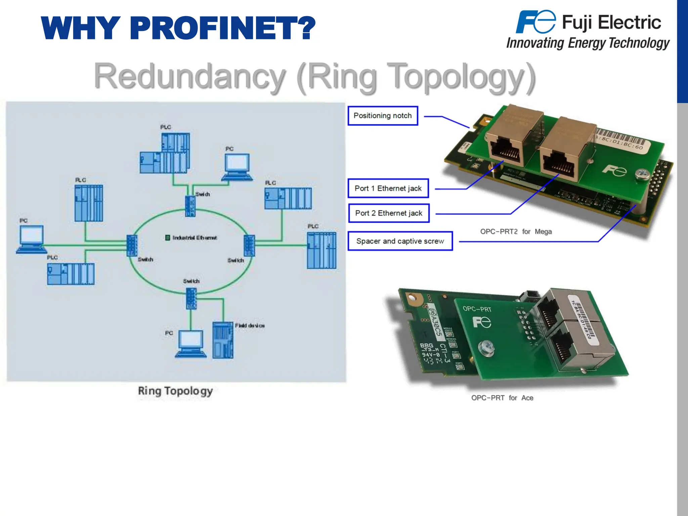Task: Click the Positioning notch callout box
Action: click(383, 116)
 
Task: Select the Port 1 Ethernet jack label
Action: click(388, 188)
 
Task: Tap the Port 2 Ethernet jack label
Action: click(389, 213)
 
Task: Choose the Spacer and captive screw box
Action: click(400, 241)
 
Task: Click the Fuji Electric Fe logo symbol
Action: click(535, 22)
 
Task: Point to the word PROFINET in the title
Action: click(222, 28)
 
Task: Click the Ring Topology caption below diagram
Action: click(175, 391)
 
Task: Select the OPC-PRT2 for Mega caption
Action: click(516, 231)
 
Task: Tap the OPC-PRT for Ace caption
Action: click(502, 398)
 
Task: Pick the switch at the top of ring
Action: click(190, 206)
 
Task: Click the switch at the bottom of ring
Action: click(191, 298)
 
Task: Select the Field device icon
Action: click(223, 340)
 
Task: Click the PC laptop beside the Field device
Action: click(190, 343)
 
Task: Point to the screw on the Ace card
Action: click(486, 348)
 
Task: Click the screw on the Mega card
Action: click(643, 174)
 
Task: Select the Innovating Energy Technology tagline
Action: click(588, 43)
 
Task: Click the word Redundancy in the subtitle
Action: click(190, 77)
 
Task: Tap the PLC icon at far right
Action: click(321, 250)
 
